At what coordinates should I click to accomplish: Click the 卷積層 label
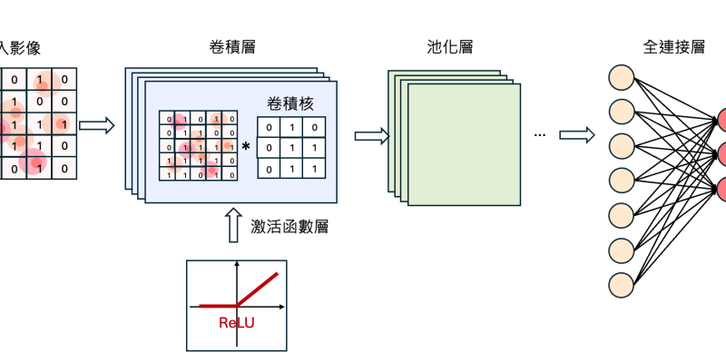pyautogui.click(x=231, y=46)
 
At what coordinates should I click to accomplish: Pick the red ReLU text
pyautogui.click(x=236, y=321)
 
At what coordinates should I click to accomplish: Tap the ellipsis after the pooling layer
pyautogui.click(x=540, y=135)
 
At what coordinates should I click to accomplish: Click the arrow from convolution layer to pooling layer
pyautogui.click(x=370, y=137)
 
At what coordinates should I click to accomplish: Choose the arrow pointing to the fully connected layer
pyautogui.click(x=576, y=135)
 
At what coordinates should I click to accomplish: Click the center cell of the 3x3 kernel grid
pyautogui.click(x=289, y=147)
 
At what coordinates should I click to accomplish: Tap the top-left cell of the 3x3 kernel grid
pyautogui.click(x=269, y=127)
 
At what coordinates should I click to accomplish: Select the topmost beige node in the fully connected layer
pyautogui.click(x=622, y=78)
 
